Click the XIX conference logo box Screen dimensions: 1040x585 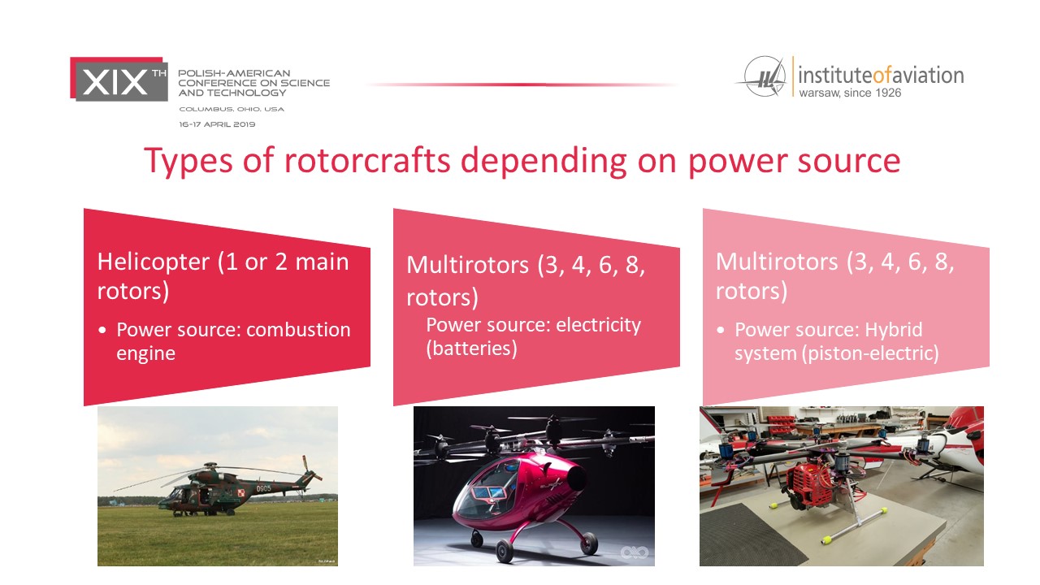[x=119, y=79]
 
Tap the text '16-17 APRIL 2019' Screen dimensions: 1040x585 [x=217, y=124]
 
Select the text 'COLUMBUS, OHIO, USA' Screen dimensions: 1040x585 [x=232, y=109]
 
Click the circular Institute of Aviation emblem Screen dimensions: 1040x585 [x=765, y=76]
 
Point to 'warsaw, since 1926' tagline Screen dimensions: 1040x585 [x=850, y=93]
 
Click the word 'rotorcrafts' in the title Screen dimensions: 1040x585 [x=366, y=161]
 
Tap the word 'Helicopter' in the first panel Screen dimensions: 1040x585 [x=154, y=262]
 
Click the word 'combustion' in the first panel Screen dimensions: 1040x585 [x=298, y=330]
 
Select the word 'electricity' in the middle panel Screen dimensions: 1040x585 [x=599, y=325]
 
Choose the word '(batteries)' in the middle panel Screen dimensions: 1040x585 [x=471, y=349]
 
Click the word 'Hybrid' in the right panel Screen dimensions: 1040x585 [x=893, y=331]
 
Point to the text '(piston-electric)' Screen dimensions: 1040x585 [x=870, y=353]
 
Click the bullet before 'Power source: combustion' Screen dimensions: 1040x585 [x=102, y=331]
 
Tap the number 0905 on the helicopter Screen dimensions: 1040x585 [x=263, y=488]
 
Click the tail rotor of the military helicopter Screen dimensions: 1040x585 [x=310, y=468]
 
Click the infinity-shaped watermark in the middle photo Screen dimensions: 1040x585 [x=635, y=552]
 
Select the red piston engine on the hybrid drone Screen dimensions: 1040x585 [x=810, y=484]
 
